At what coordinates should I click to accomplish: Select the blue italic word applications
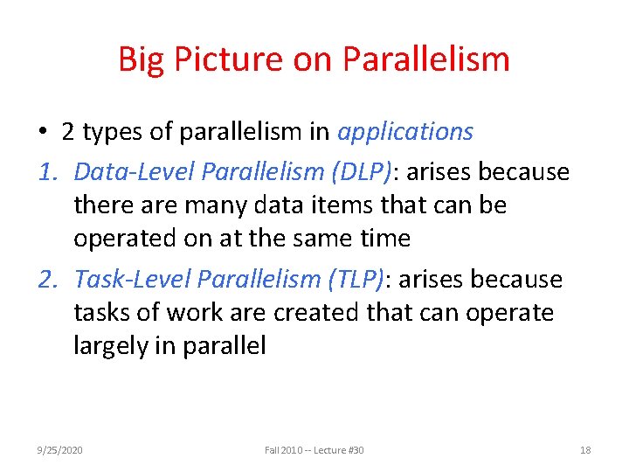(405, 132)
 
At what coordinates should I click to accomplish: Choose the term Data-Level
(134, 171)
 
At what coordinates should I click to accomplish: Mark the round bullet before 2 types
(43, 133)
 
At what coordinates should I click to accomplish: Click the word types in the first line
(111, 133)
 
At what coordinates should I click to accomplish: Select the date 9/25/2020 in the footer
(59, 450)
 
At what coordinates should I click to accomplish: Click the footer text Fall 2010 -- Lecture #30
(314, 450)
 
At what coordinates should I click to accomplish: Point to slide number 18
(585, 450)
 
